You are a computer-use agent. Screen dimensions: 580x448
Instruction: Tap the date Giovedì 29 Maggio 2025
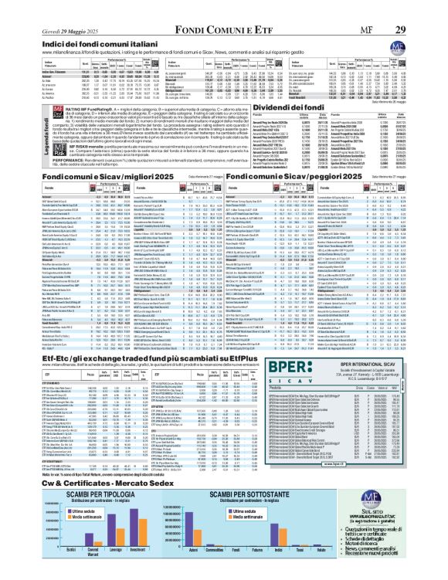point(46,8)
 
